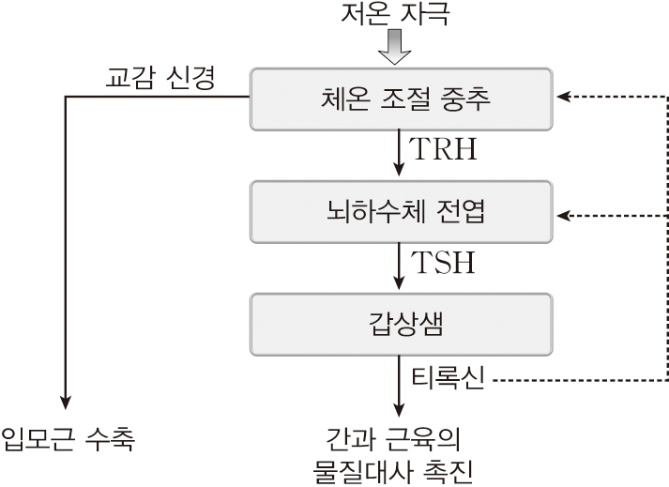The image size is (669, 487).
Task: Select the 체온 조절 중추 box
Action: tap(401, 97)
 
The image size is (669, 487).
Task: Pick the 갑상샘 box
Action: tap(401, 325)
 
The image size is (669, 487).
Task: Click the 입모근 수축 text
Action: tap(68, 438)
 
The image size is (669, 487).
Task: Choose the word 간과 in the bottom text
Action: tap(351, 438)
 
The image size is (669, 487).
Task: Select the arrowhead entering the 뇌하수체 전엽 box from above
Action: tap(401, 171)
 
